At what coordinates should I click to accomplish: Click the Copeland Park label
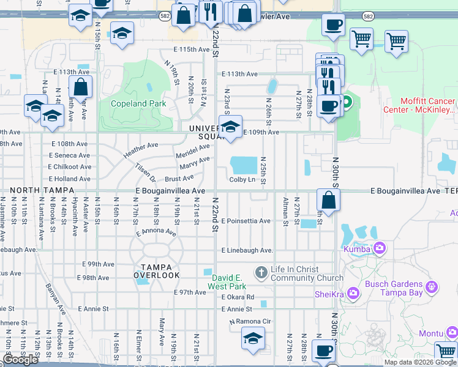coord(138,103)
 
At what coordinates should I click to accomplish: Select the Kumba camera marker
coord(380,248)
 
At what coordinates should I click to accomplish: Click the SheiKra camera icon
coord(353,294)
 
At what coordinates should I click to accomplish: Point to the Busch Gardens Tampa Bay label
coord(394,287)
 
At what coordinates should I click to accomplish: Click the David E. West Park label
coord(227,282)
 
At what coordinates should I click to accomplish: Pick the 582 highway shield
coord(367,16)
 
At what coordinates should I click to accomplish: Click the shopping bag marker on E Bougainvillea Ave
coord(329,199)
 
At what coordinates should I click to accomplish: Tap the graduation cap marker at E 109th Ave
coord(230,127)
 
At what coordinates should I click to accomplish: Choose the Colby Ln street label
coord(242,179)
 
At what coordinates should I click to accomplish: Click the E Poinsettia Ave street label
coord(246,221)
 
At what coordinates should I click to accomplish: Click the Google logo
coord(20,360)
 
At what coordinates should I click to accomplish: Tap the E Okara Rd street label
coord(239,297)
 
